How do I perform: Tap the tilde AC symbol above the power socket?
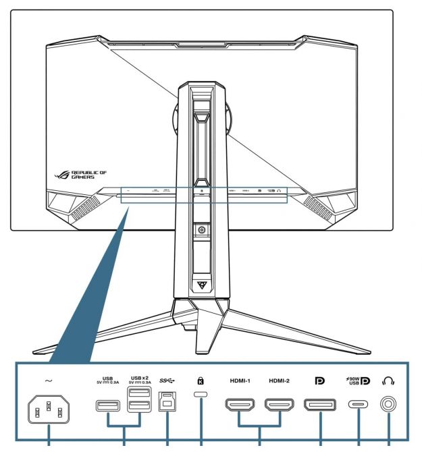point(49,380)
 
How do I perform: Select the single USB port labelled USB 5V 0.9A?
point(108,405)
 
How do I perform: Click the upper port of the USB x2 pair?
point(139,395)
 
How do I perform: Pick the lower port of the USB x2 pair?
point(139,407)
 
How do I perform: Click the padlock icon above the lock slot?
point(201,381)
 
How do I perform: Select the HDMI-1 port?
point(240,405)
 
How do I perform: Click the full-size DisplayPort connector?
point(320,405)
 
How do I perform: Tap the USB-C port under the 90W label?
point(358,405)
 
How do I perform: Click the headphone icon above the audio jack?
point(390,381)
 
